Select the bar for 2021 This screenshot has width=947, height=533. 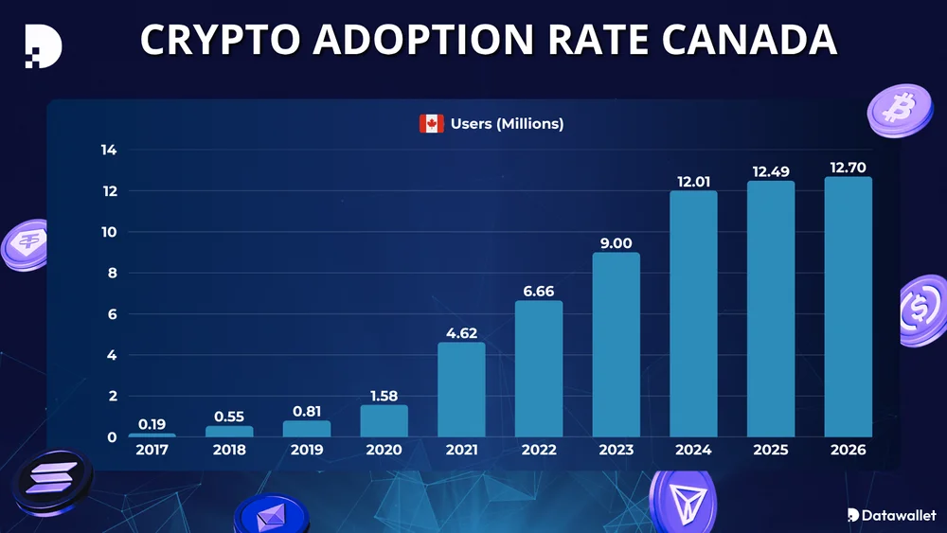(x=461, y=389)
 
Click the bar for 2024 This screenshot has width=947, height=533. (x=693, y=313)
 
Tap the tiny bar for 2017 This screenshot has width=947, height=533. (x=152, y=435)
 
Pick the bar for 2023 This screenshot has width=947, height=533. (x=616, y=345)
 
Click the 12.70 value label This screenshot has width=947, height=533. (x=849, y=168)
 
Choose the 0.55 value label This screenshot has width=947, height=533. (x=229, y=417)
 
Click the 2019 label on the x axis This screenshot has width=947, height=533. (x=307, y=451)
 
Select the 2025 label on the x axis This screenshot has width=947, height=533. (x=771, y=451)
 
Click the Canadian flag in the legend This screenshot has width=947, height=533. (x=432, y=124)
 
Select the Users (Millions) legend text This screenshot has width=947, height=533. (x=507, y=124)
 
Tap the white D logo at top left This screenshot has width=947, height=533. (x=43, y=44)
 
